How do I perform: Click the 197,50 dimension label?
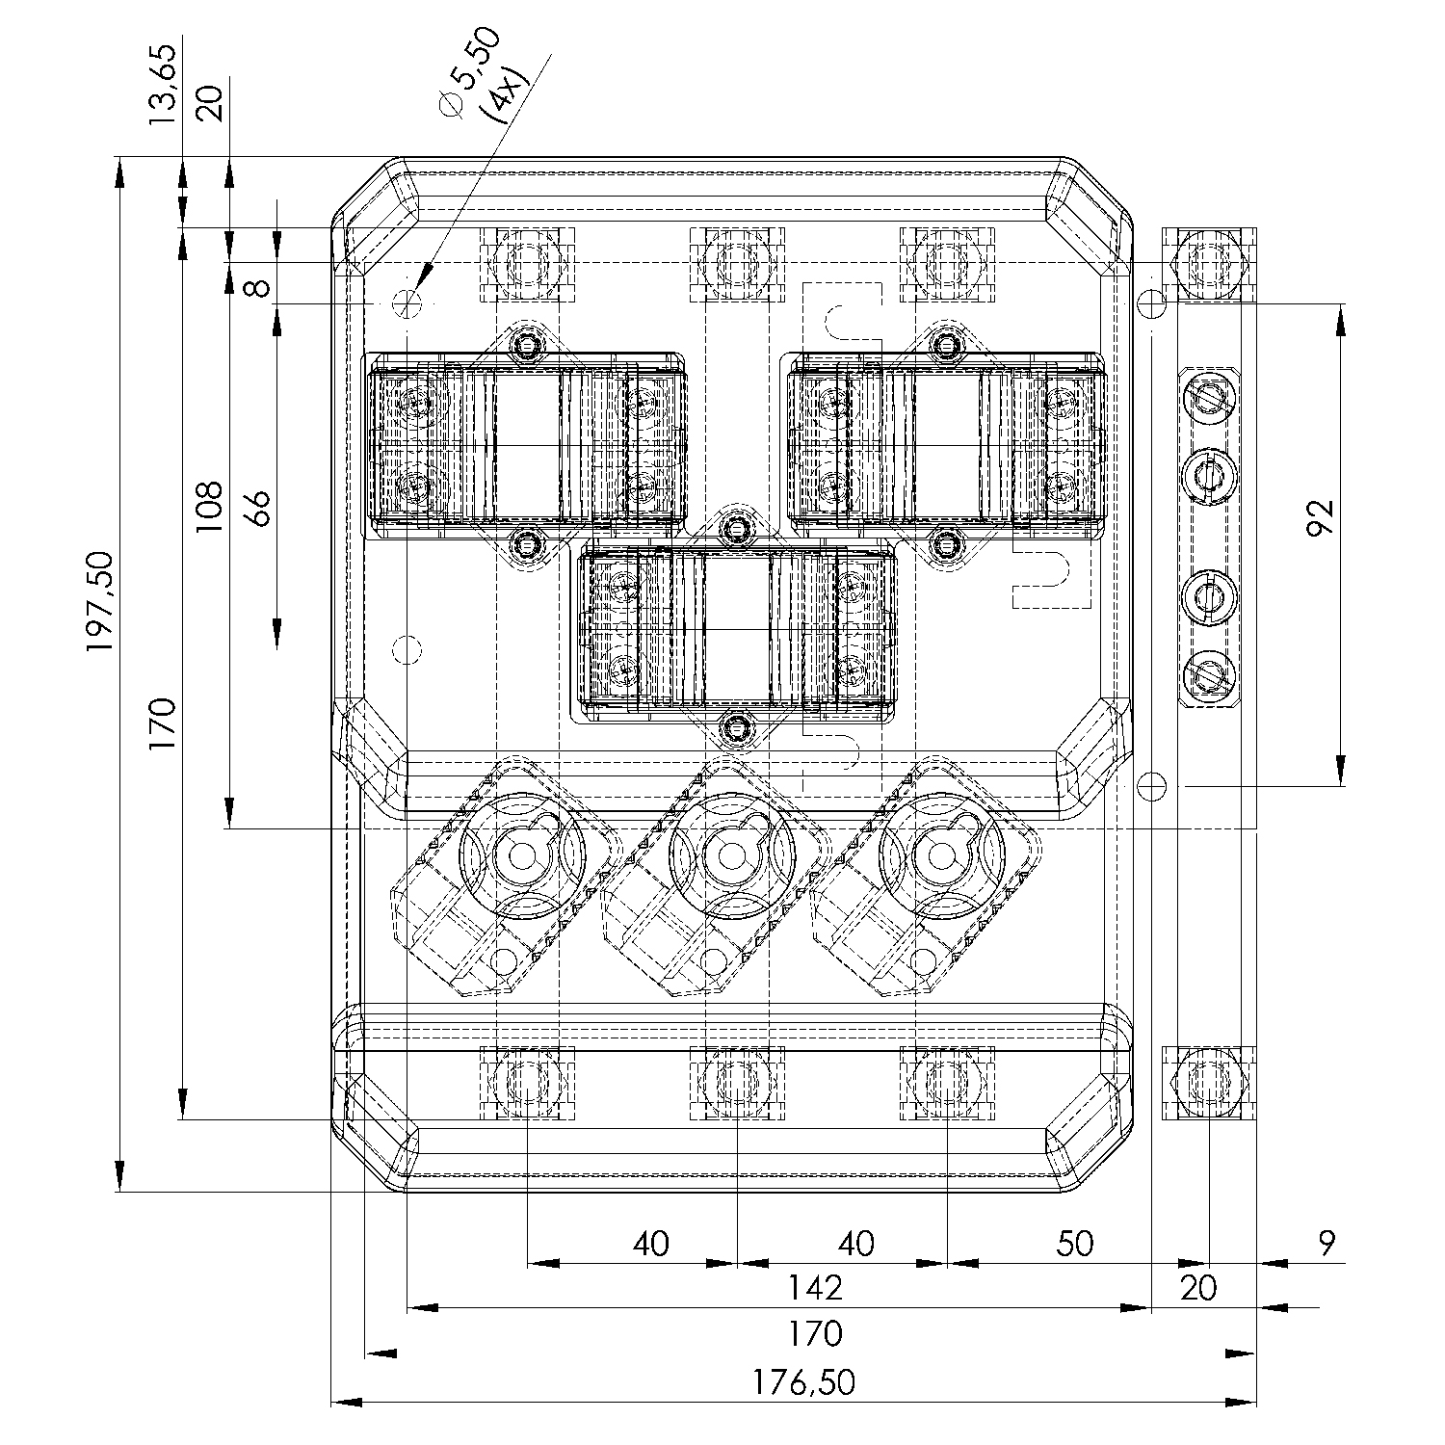(x=100, y=601)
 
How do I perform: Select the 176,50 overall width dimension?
(x=804, y=1382)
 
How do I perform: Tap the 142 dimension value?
(x=815, y=1287)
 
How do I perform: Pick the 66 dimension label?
(x=256, y=507)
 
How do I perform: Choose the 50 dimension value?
(x=1074, y=1243)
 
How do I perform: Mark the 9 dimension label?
(x=1327, y=1243)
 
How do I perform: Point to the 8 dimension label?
(x=256, y=286)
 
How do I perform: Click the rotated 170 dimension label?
(x=162, y=730)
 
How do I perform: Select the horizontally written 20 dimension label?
(x=1198, y=1287)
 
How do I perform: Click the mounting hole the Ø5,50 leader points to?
(x=407, y=302)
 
